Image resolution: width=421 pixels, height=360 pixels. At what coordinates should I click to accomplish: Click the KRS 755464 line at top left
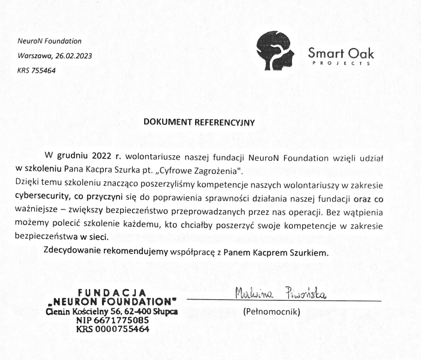pos(37,70)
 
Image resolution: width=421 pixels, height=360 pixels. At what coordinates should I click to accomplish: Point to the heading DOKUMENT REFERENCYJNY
pos(199,121)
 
